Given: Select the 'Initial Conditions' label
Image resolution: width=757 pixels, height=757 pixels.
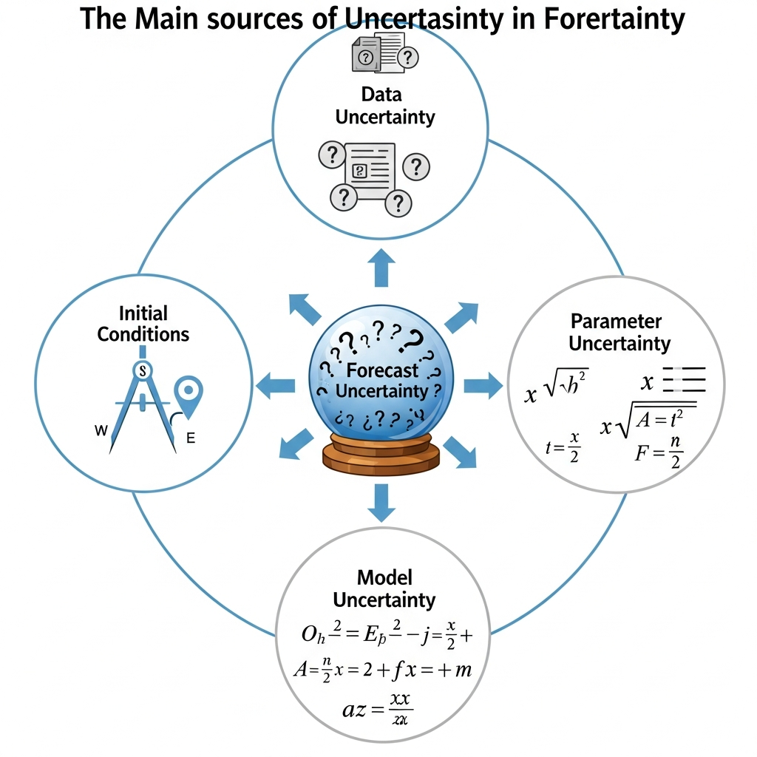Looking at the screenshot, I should (x=143, y=324).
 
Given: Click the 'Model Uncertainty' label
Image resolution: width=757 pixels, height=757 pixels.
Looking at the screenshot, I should (x=384, y=588).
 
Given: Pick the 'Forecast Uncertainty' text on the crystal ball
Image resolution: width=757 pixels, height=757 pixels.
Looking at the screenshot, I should (x=382, y=381).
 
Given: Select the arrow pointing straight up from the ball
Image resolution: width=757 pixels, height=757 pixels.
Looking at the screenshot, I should (x=381, y=268).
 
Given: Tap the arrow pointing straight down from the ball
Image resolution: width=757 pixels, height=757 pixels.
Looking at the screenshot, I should (x=381, y=501).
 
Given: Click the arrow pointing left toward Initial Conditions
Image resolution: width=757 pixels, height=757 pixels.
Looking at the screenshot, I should (x=274, y=384).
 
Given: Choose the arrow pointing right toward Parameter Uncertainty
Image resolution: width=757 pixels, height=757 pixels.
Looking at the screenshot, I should (x=483, y=384).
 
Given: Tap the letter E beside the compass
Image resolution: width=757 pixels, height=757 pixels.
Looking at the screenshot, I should (x=190, y=438).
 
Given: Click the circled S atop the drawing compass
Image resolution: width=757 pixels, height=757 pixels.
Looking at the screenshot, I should (x=141, y=370).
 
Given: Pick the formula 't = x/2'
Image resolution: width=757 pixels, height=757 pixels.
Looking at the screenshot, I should (x=563, y=447).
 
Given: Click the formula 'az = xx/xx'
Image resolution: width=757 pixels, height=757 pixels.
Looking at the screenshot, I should (x=377, y=710).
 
